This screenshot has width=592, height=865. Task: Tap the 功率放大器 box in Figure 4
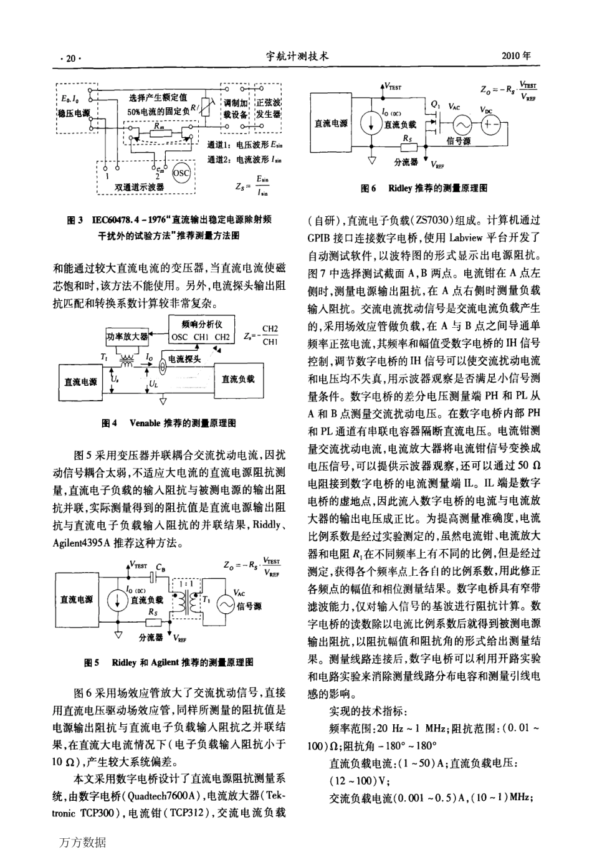[x=127, y=337]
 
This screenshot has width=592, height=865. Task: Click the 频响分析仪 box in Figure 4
[x=201, y=331]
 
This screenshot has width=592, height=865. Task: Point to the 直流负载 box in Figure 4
[x=238, y=379]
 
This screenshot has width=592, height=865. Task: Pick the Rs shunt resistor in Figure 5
[x=153, y=622]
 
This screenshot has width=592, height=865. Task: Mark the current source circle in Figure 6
[x=372, y=122]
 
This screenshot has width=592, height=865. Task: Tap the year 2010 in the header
[x=517, y=55]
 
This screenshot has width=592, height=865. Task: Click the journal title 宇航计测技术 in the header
[x=296, y=56]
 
